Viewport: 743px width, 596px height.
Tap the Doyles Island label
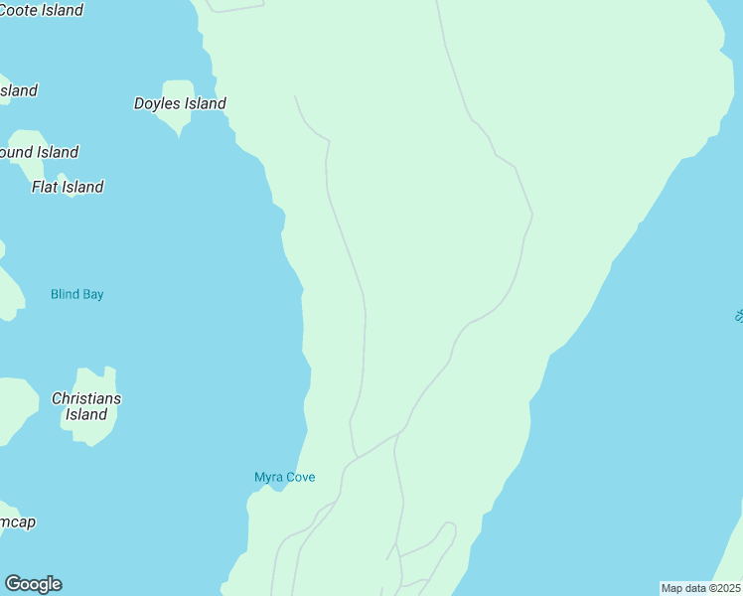point(180,103)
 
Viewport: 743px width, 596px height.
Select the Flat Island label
point(68,187)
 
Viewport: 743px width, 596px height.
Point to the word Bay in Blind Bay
point(92,294)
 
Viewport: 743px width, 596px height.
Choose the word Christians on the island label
point(86,398)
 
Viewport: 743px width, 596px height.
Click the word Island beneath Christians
point(86,415)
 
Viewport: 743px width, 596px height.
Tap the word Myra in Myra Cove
point(269,477)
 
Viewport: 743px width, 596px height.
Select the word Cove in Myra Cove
point(300,477)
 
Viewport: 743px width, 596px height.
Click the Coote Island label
point(40,10)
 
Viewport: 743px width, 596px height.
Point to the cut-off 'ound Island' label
point(39,152)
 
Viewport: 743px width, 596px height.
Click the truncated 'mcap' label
point(18,521)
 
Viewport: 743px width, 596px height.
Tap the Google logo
point(33,584)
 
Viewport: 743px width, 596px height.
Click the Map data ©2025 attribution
point(700,588)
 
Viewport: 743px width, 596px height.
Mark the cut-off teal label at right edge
point(738,315)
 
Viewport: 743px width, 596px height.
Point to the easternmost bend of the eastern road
point(533,213)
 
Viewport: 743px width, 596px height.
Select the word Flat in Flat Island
point(45,187)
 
